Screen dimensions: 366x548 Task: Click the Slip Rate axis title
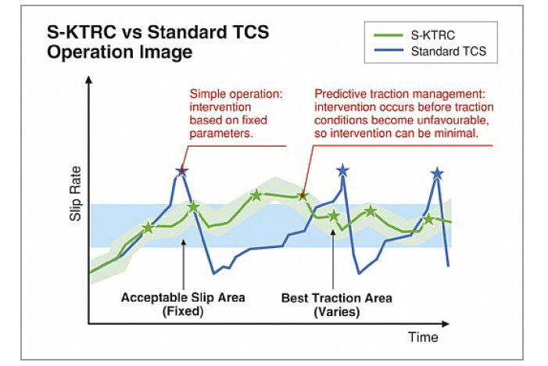click(76, 199)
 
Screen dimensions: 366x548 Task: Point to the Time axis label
click(423, 337)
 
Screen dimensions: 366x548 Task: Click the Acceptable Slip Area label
click(183, 298)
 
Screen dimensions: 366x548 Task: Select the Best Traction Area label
click(337, 298)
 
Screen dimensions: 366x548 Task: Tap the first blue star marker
click(181, 170)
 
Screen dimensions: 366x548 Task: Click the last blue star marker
click(437, 173)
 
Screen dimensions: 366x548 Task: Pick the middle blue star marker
click(342, 170)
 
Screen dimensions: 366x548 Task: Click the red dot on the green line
click(303, 196)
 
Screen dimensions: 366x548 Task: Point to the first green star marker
click(147, 228)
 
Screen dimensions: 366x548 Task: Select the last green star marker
click(428, 219)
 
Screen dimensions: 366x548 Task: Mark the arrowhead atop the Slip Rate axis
click(90, 81)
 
